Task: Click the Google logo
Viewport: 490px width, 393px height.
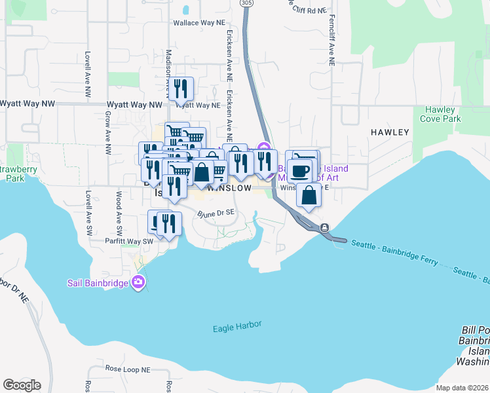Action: [x=22, y=385]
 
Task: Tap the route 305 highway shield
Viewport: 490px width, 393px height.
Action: [x=246, y=3]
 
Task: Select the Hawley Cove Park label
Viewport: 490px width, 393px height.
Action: [x=443, y=114]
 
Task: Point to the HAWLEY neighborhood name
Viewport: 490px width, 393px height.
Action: [x=390, y=132]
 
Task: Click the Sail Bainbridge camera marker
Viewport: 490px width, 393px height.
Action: [x=138, y=283]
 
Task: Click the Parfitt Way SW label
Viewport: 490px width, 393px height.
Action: [x=129, y=241]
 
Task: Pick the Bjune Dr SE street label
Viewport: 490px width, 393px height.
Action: [x=216, y=213]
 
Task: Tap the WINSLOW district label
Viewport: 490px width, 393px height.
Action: [x=229, y=188]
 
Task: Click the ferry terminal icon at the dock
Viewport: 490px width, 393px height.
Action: [x=324, y=227]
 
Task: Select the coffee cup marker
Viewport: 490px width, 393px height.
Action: [x=300, y=172]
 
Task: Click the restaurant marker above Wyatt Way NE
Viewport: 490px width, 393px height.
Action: [x=181, y=88]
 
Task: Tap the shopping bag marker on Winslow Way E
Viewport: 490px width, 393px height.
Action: [x=309, y=195]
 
